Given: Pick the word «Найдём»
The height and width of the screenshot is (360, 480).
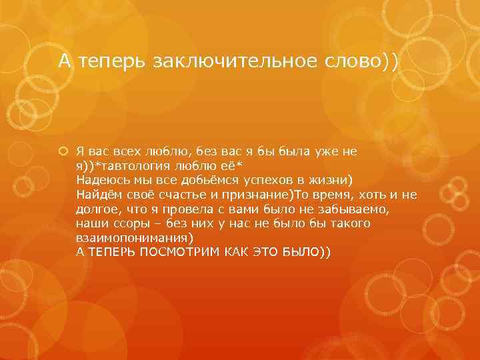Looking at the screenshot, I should (98, 194).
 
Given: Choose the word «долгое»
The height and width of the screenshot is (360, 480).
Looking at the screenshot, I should (96, 209).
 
